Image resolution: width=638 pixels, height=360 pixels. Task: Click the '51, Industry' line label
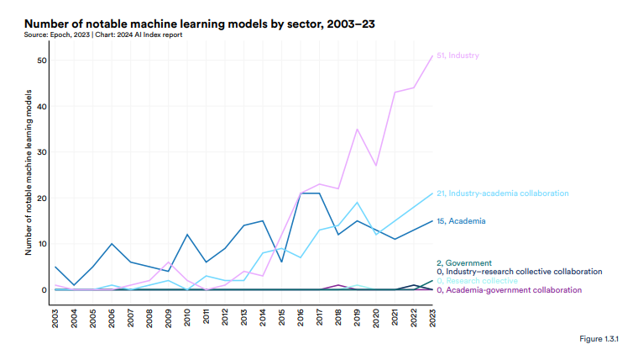click(x=458, y=56)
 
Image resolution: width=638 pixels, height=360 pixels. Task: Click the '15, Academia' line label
click(x=462, y=221)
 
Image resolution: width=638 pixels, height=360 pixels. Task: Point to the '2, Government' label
click(x=464, y=263)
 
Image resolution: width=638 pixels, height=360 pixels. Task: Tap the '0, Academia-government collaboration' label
click(x=514, y=290)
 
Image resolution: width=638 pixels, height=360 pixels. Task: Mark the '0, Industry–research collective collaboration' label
click(x=520, y=272)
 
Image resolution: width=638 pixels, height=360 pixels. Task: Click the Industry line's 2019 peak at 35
click(x=358, y=130)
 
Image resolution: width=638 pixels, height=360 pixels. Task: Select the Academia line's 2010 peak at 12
click(x=188, y=235)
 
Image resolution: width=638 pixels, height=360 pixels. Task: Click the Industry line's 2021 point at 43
click(x=395, y=93)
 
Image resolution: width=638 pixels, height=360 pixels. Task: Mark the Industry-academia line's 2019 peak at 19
click(x=358, y=203)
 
